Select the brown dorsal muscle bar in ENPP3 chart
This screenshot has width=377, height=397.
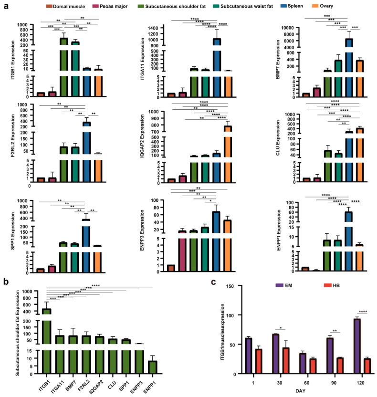point(171,269)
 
